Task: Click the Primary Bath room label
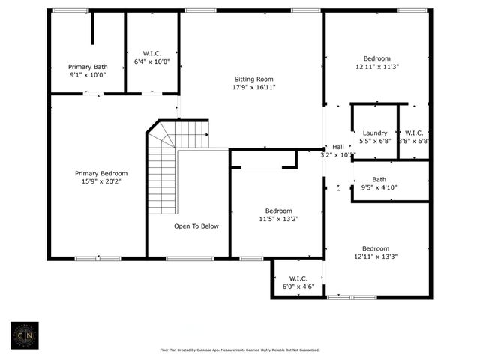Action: [88, 67]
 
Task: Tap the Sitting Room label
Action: [253, 79]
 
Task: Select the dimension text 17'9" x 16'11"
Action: [253, 87]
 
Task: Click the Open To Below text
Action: [196, 226]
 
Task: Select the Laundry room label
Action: [375, 133]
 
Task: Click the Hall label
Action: [338, 147]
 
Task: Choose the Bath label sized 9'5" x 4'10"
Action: [379, 179]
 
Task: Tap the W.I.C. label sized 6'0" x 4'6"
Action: [298, 278]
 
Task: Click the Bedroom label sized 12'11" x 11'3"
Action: [376, 58]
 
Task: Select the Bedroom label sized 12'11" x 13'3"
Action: [376, 248]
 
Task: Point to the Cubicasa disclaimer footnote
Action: [240, 349]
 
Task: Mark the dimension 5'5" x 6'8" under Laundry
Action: [375, 141]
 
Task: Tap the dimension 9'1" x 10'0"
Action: [88, 74]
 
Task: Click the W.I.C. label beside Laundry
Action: [413, 133]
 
